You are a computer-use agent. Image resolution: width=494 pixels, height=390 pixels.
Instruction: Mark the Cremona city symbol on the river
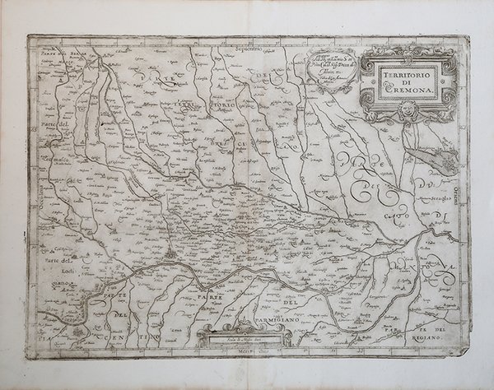pos(168,265)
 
